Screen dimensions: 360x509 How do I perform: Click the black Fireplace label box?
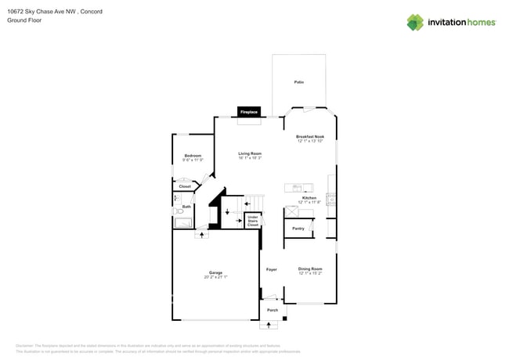point(249,113)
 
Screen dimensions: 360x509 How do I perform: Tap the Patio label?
point(298,82)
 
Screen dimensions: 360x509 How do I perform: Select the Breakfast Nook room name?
point(310,136)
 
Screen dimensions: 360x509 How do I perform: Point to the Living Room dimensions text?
point(250,158)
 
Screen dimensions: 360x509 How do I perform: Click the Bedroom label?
point(193,156)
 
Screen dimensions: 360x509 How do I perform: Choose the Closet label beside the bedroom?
point(185,186)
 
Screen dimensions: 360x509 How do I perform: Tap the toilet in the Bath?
point(179,211)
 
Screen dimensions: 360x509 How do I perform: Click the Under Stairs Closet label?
point(252,221)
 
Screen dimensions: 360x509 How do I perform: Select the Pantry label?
point(298,229)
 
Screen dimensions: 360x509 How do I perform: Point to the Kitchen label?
point(309,198)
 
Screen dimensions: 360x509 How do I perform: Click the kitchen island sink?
point(298,187)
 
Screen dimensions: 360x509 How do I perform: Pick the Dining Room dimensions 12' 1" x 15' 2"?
point(310,273)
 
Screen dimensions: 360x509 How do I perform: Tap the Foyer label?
point(272,269)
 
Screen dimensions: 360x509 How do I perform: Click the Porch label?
point(273,310)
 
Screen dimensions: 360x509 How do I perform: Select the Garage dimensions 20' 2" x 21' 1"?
point(215,277)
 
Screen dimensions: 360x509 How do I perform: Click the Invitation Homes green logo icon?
point(415,22)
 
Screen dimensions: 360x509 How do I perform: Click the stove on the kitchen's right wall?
point(332,200)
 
